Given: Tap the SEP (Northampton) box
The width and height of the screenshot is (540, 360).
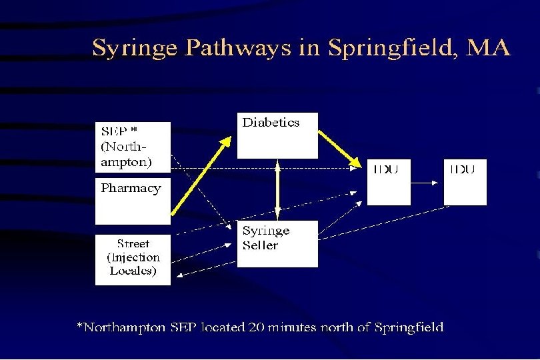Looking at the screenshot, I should tap(133, 147).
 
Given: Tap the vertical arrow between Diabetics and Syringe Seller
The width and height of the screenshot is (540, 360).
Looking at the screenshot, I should tap(277, 189).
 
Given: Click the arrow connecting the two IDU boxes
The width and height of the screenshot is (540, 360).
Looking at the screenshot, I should tap(427, 183).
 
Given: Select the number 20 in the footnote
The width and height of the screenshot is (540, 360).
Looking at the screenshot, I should tap(256, 327).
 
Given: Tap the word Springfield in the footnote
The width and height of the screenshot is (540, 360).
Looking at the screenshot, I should tap(409, 327).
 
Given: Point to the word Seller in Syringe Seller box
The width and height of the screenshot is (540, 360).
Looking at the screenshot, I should tap(260, 245).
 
